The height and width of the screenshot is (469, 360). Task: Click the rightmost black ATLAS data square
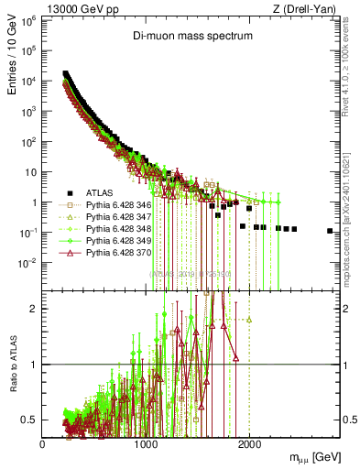pyautogui.click(x=329, y=232)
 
